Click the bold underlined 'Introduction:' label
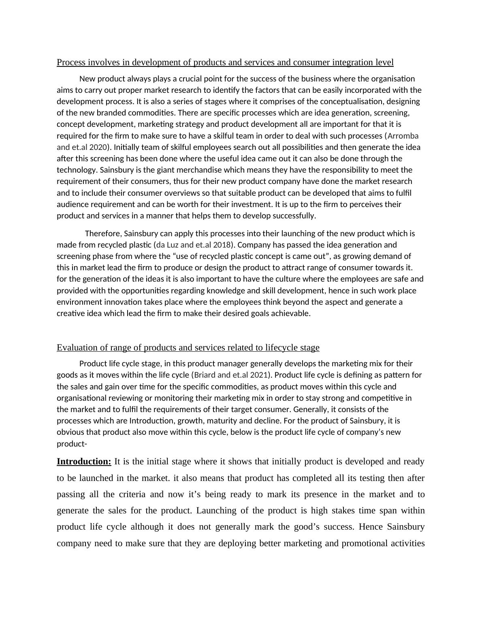(84, 462)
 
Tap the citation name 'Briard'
(206, 375)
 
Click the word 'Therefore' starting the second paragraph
(102, 233)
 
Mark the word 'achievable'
(291, 313)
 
